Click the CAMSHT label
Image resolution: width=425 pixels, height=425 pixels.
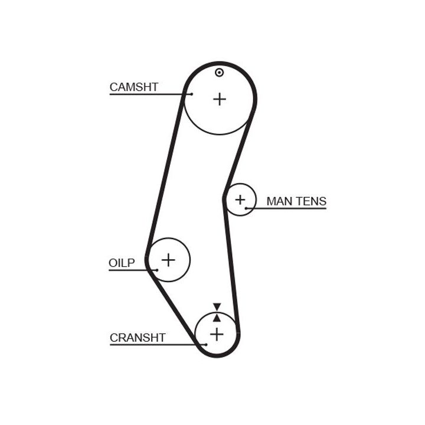tap(134, 87)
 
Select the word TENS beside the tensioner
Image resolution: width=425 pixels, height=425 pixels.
tap(311, 201)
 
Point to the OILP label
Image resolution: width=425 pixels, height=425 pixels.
tap(122, 263)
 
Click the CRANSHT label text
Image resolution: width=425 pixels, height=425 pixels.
tap(138, 338)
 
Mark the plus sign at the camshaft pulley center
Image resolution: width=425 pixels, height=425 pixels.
tap(220, 99)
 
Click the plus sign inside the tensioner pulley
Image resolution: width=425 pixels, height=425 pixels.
tap(240, 200)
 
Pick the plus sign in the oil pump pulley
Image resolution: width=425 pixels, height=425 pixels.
tap(169, 260)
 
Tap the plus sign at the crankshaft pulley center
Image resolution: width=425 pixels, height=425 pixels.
tap(217, 334)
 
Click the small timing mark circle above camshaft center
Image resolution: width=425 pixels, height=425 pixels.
tap(220, 73)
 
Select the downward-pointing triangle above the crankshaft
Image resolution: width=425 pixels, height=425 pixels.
tap(217, 306)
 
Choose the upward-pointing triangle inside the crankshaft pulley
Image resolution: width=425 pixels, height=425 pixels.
tap(217, 318)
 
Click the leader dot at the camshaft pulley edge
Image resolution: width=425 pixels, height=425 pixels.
tap(192, 93)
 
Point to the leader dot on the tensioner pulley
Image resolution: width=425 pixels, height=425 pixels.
tap(246, 208)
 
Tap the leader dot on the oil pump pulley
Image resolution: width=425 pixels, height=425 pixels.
tap(157, 270)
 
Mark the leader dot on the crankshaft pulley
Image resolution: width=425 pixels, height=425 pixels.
tap(207, 344)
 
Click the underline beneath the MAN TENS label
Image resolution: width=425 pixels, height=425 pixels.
tap(289, 208)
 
